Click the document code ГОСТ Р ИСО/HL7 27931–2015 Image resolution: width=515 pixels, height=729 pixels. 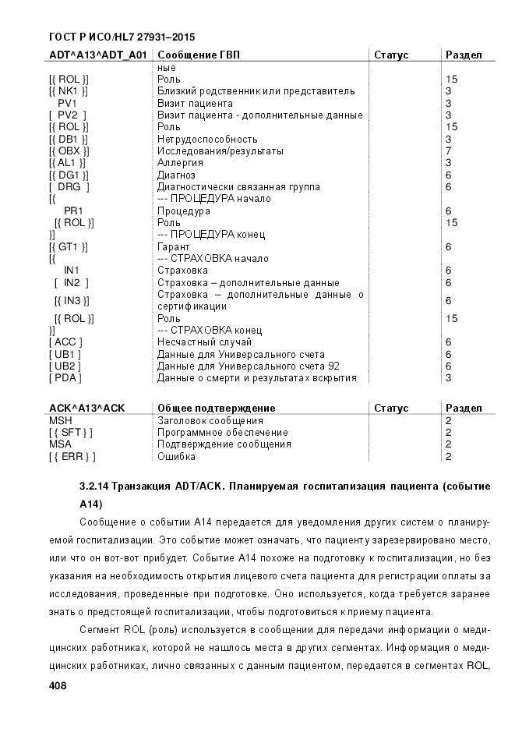[x=122, y=37]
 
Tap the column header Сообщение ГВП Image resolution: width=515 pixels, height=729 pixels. [x=198, y=55]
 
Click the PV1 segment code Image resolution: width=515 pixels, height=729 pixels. [x=67, y=103]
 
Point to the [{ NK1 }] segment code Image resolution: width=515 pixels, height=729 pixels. [x=69, y=91]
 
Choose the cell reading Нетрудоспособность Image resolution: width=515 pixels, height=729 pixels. [x=207, y=139]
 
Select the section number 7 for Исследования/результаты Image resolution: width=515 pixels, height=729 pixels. [x=448, y=150]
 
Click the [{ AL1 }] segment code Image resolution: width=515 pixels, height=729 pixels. [x=69, y=163]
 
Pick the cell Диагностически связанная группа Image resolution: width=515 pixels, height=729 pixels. [x=238, y=187]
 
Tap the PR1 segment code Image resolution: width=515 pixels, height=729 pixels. [x=73, y=211]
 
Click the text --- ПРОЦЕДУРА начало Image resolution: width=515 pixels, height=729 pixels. [x=213, y=199]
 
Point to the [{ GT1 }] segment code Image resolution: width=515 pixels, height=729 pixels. [x=69, y=247]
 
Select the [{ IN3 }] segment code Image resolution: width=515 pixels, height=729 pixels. [x=73, y=301]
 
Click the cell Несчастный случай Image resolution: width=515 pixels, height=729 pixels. [x=204, y=342]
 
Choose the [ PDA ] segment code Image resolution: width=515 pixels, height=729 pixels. [x=65, y=378]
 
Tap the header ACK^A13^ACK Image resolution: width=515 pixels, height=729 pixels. [x=86, y=409]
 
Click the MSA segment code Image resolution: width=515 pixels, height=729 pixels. [x=60, y=444]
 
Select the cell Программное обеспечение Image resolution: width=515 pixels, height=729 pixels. [x=223, y=433]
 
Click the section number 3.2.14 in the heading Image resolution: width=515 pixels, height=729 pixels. [x=94, y=486]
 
